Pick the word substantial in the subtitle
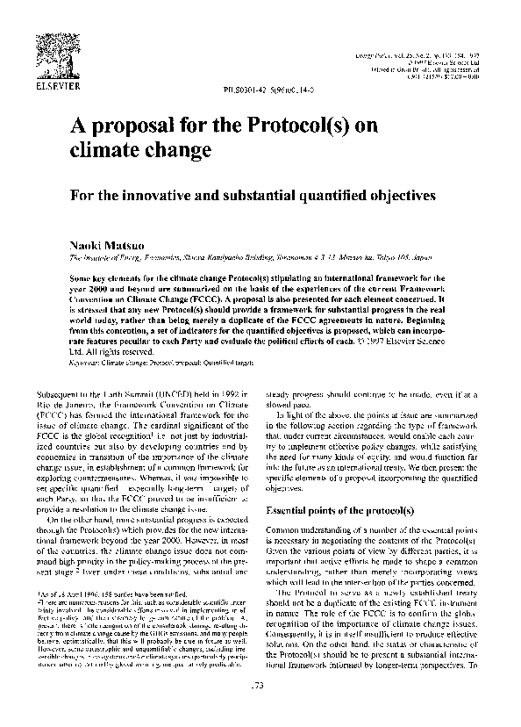(325, 190)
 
